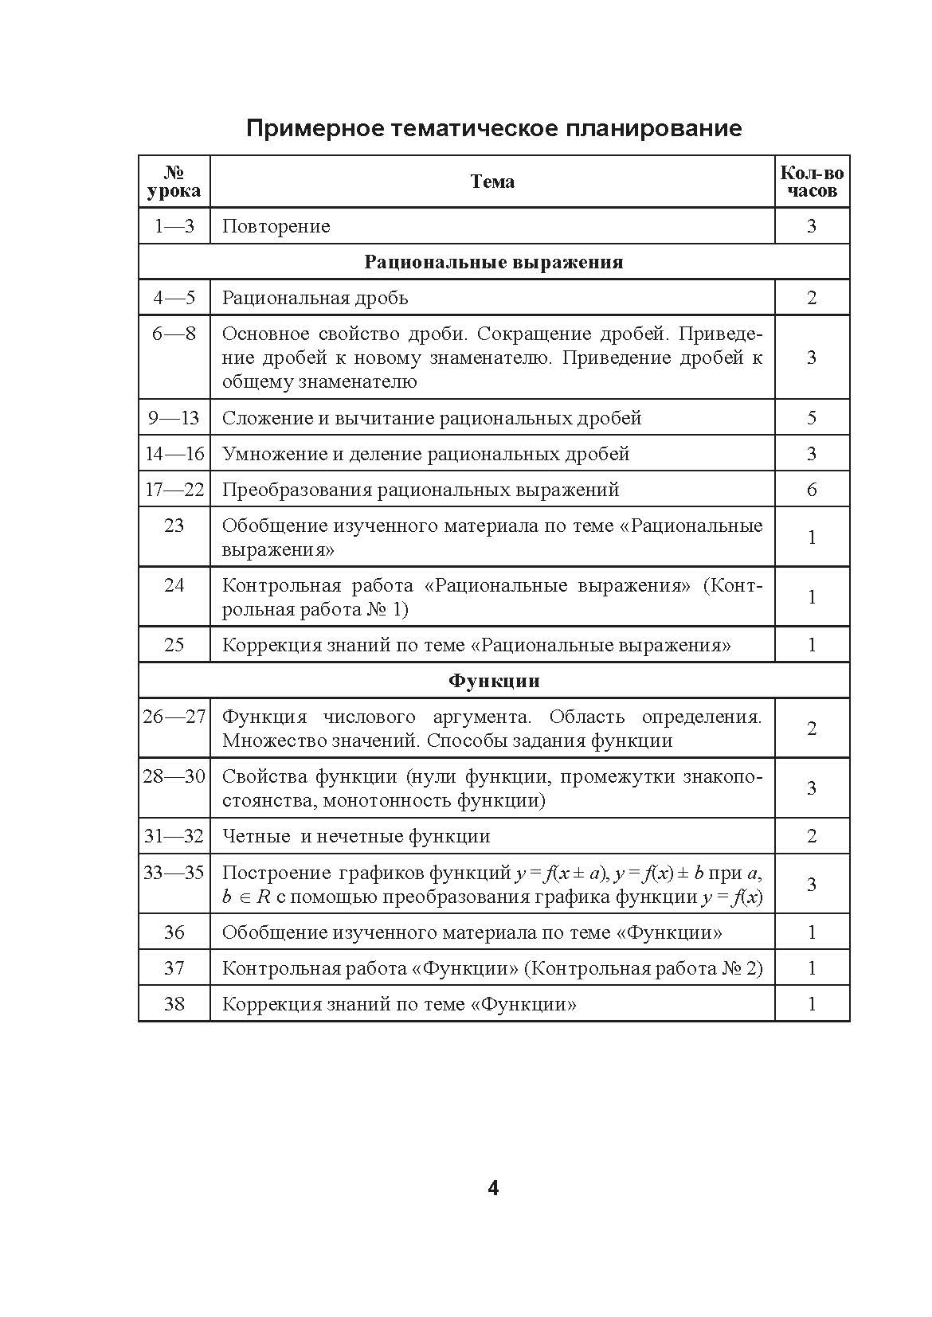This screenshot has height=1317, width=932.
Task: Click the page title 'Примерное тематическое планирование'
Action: [494, 128]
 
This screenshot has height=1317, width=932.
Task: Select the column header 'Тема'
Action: [492, 182]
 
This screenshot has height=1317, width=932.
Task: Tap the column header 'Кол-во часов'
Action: [812, 182]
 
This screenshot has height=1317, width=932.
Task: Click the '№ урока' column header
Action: [174, 182]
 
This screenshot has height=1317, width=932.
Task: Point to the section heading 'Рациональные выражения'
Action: [494, 262]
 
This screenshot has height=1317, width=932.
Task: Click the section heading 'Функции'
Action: [494, 681]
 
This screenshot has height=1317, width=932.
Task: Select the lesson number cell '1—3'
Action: [174, 226]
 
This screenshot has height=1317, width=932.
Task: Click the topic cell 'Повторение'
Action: [276, 226]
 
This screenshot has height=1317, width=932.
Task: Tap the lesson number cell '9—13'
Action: [174, 418]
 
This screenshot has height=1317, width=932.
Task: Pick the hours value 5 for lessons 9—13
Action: [812, 418]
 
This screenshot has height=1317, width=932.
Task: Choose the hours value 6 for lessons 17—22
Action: [812, 490]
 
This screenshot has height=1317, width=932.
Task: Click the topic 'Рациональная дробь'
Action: [315, 298]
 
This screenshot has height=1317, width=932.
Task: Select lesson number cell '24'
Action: [174, 585]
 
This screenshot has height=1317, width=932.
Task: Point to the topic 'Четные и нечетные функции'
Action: [355, 836]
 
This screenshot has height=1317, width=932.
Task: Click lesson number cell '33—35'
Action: [174, 872]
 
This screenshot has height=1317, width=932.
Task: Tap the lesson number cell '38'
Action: [174, 1004]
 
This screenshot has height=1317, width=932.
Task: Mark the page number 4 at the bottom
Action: [493, 1189]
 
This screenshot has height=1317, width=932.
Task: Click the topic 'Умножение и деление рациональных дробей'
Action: [425, 454]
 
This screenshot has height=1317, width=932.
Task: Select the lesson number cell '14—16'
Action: [174, 454]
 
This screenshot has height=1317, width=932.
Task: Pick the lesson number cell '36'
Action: [174, 932]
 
